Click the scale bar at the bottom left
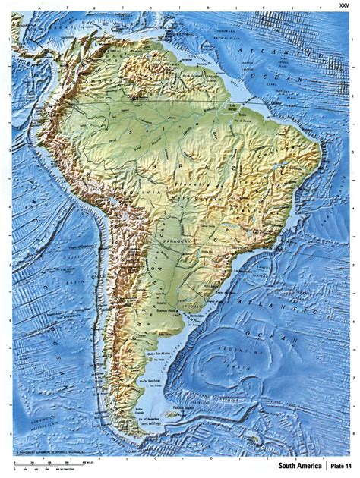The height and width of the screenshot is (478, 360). pos(46,461)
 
